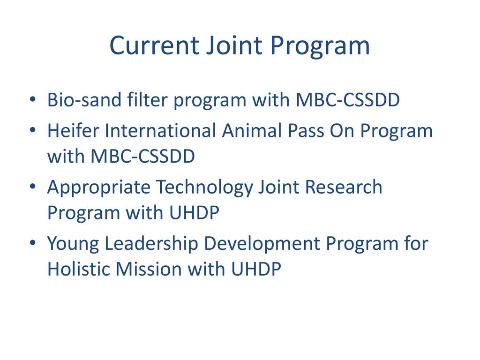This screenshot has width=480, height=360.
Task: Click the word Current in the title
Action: (155, 45)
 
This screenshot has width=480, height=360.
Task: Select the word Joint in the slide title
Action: (234, 45)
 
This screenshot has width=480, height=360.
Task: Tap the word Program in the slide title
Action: (320, 48)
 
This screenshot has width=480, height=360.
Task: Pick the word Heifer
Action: (74, 131)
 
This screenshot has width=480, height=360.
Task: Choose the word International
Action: (161, 131)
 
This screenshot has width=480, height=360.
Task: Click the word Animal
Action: (252, 131)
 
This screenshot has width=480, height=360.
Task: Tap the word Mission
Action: (149, 269)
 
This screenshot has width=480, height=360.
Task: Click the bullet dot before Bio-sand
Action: (33, 99)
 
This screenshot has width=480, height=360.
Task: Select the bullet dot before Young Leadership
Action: (33, 243)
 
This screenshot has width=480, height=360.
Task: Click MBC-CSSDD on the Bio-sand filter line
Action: (348, 100)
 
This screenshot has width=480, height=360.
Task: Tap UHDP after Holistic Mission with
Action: (256, 269)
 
